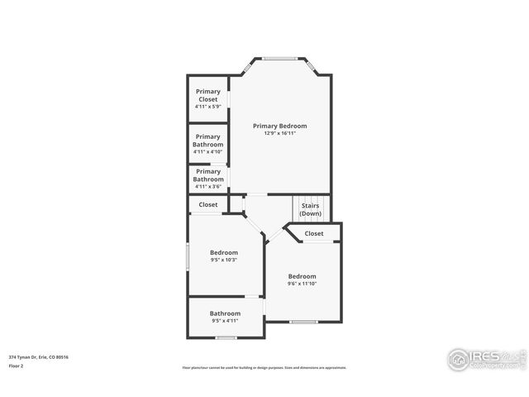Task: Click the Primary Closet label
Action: coord(207,95)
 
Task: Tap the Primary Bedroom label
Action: coord(279,126)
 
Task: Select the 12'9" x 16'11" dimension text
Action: coord(279,133)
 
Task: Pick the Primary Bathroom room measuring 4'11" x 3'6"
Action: coord(207,175)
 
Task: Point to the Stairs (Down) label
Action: coord(311,210)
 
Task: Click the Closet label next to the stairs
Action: coord(314,233)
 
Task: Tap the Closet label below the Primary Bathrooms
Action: coord(208,204)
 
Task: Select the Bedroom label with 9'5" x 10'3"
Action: coord(223,252)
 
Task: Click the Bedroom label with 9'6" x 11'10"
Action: coord(302,276)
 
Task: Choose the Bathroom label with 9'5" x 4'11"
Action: coord(225,313)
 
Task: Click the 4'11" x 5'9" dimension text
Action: coord(207,106)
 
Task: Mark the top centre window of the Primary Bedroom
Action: coord(280,58)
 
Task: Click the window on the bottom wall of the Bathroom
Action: coord(226,337)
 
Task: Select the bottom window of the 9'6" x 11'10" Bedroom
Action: coord(303,322)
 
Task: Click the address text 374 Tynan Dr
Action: coord(38,356)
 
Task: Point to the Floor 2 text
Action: coord(17,365)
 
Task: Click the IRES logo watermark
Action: coord(484,358)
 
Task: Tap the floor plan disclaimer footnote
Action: coord(264,368)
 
